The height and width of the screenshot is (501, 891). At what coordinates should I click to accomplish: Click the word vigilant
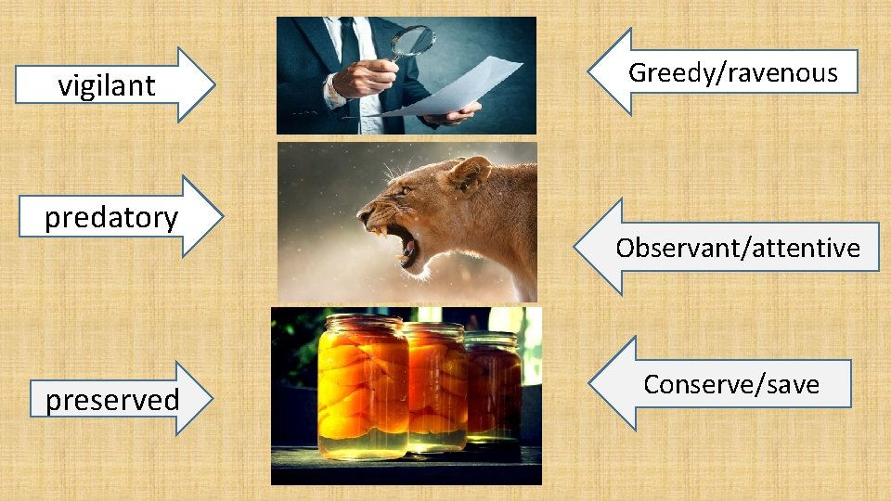coord(107,85)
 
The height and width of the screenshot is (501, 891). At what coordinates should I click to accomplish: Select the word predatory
coord(111,217)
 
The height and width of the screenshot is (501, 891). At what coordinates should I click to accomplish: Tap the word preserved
coord(112,400)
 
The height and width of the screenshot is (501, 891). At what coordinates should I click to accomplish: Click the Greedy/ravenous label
coord(732,72)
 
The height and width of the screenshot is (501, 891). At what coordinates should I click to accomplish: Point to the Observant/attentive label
coord(738,248)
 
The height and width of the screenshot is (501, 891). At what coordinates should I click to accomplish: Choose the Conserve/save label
coord(731,384)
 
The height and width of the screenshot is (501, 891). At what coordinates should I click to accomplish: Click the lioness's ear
coord(470,173)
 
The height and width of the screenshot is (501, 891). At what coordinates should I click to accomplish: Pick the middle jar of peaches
coord(435,385)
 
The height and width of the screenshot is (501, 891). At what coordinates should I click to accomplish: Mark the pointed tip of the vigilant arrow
coord(214,85)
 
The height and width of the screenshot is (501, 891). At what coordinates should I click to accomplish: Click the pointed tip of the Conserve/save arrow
coord(590,383)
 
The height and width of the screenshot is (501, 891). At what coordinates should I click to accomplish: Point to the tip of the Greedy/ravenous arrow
coord(589,71)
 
